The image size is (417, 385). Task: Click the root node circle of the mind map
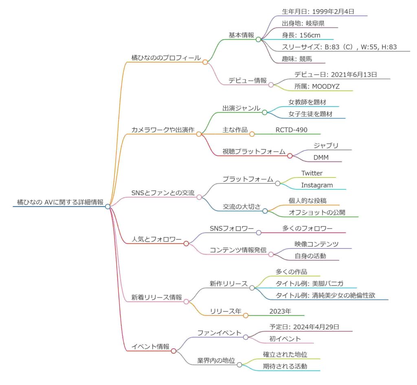[x=108, y=207]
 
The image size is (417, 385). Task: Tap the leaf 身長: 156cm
[x=301, y=35]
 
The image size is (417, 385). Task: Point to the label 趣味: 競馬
[x=298, y=59]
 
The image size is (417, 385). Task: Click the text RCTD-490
[x=291, y=130]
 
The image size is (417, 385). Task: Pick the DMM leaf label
[x=321, y=157]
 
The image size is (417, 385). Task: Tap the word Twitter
[x=312, y=173]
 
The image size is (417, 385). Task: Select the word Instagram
[x=317, y=185]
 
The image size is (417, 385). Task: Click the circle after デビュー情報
[x=270, y=81]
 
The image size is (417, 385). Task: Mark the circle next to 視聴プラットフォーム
[x=290, y=156]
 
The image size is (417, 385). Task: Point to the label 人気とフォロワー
[x=156, y=239]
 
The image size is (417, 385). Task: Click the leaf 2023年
[x=280, y=311]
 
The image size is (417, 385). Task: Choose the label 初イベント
[x=285, y=339]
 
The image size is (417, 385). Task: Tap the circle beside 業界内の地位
[x=239, y=365]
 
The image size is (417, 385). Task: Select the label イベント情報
[x=150, y=347]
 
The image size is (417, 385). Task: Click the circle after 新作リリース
[x=252, y=288]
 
